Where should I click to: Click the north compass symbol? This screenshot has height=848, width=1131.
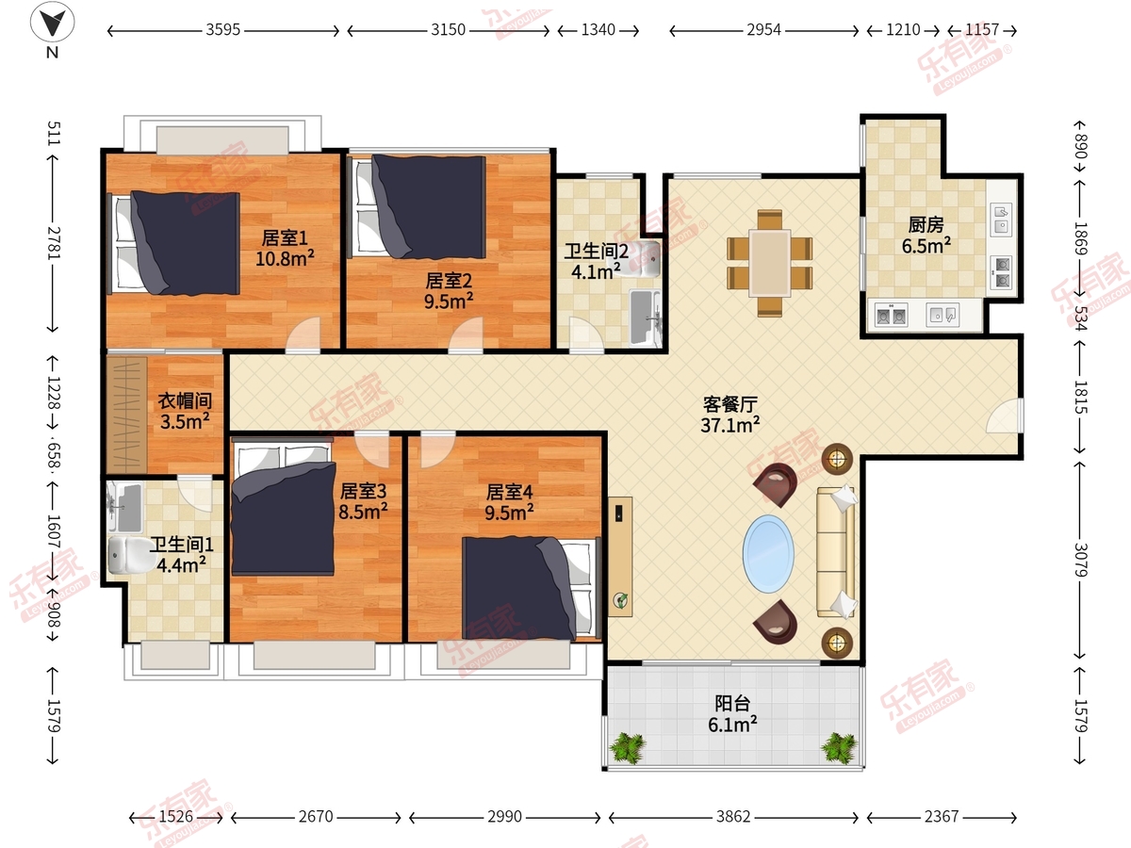[52, 22]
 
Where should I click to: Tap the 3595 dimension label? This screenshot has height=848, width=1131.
[223, 30]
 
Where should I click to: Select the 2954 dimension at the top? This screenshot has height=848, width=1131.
[763, 30]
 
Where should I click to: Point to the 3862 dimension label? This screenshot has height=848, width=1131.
[733, 817]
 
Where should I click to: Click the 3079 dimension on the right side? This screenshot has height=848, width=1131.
[1080, 560]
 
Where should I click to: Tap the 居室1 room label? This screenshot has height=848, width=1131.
[285, 237]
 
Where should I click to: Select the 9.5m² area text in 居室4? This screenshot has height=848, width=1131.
[509, 513]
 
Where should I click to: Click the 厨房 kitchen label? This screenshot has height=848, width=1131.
[926, 225]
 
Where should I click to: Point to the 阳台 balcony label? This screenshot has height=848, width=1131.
[732, 703]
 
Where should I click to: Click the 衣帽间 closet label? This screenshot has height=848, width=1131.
[185, 401]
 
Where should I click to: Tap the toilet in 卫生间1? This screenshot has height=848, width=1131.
[124, 556]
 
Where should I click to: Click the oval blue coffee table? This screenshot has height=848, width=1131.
[768, 554]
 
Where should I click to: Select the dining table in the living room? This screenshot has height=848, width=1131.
[770, 263]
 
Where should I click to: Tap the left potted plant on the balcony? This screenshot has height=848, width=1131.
[627, 747]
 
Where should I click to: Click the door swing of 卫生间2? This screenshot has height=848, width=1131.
[585, 334]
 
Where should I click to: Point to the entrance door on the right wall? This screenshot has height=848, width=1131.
[1005, 416]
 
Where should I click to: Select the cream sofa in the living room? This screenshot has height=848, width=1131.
[836, 552]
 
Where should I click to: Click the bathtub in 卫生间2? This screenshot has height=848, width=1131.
[645, 318]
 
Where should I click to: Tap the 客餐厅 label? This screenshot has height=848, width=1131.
[730, 405]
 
